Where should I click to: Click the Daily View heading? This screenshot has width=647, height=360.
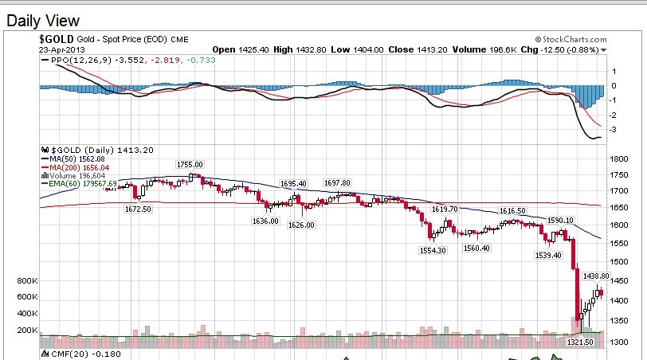click(43, 21)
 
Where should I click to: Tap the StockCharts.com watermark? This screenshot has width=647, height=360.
click(572, 39)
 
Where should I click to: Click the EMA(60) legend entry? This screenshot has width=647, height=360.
click(78, 184)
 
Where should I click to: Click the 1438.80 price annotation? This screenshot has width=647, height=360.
click(596, 276)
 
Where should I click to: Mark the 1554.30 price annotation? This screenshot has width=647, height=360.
click(433, 250)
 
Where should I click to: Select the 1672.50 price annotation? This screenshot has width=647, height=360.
click(138, 209)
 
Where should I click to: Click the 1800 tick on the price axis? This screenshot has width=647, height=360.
click(619, 158)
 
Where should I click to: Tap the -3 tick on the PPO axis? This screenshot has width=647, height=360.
click(614, 129)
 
